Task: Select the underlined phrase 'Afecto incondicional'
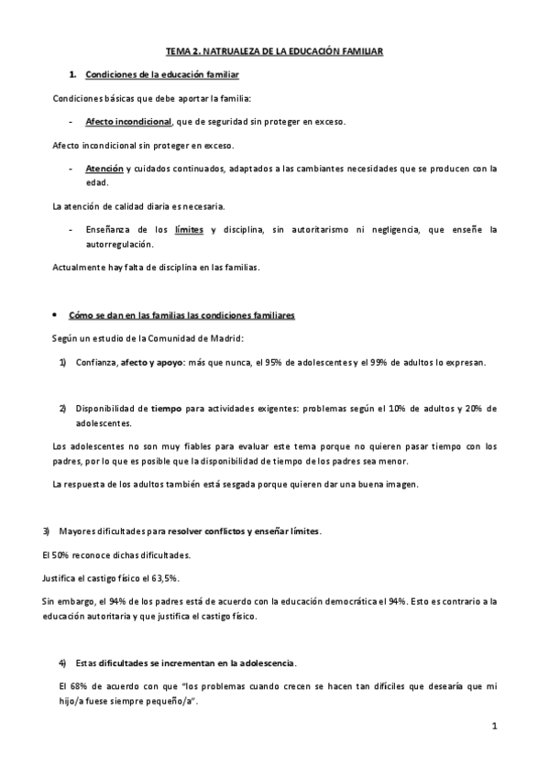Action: tap(127, 121)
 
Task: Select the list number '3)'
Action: tap(47, 531)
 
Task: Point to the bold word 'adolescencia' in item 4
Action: tap(265, 662)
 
